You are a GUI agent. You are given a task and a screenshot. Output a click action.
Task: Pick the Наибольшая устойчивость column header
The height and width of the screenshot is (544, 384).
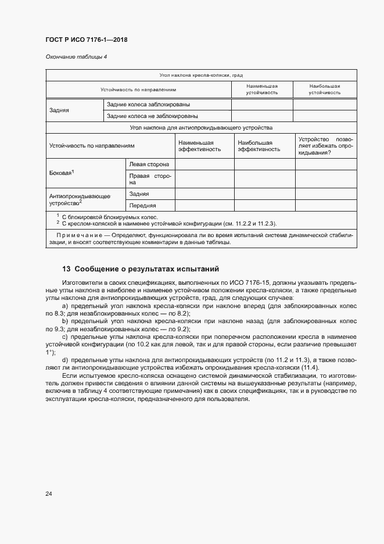pos(324,89)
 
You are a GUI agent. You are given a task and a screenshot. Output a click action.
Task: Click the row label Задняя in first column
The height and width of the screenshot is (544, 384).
pos(59,110)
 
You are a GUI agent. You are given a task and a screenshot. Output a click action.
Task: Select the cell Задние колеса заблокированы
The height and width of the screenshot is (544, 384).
pos(148,105)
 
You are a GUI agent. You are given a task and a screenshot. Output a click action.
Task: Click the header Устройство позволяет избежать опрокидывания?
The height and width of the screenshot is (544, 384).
pos(325,145)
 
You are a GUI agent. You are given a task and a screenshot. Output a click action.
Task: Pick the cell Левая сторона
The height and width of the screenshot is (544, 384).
pos(149,164)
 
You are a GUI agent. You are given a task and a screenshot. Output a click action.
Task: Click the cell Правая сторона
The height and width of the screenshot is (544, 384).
pos(149,179)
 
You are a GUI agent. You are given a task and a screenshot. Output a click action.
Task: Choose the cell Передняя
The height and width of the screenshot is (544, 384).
pos(142,205)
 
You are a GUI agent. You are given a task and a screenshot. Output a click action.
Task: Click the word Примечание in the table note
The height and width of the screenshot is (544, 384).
pos(78,235)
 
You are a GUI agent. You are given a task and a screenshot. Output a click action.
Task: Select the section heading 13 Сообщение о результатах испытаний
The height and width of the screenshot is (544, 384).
pos(140,269)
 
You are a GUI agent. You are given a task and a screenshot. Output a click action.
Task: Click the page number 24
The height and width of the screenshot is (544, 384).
pos(49,494)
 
